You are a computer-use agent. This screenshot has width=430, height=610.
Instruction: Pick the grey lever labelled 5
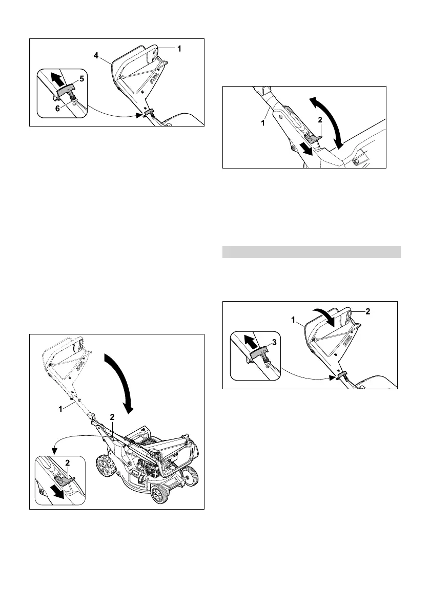pyautogui.click(x=67, y=91)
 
